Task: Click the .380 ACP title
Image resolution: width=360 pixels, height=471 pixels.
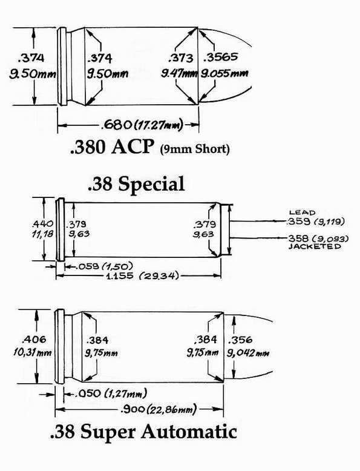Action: click(112, 147)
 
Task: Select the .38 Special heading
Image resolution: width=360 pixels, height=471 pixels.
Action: click(136, 184)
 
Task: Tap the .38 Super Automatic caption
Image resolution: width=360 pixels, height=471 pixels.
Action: click(143, 432)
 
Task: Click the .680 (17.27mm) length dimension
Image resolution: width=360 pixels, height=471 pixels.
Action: click(142, 124)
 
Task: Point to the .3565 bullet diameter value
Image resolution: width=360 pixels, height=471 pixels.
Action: click(221, 57)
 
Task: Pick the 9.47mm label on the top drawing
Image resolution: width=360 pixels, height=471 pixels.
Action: click(179, 73)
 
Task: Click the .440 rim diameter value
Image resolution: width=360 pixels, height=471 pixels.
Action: click(42, 223)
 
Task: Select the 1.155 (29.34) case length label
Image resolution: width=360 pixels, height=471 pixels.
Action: click(142, 275)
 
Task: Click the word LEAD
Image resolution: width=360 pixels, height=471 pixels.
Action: click(302, 212)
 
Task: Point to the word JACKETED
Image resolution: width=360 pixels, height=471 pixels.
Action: click(315, 246)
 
